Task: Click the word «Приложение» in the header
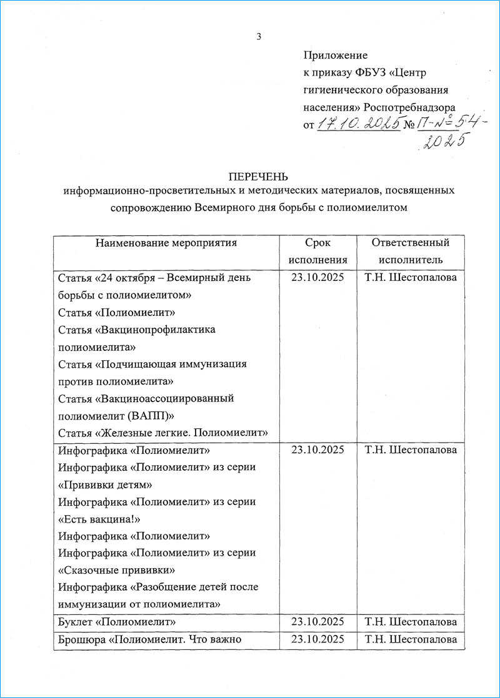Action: (335, 56)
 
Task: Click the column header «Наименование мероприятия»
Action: (166, 243)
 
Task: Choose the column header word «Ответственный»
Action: (411, 243)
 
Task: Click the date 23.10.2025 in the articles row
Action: (317, 278)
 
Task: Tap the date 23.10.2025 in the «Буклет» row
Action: (317, 622)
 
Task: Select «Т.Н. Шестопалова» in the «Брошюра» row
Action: (411, 639)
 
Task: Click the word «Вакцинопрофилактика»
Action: (157, 329)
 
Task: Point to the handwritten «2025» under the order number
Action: (444, 142)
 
